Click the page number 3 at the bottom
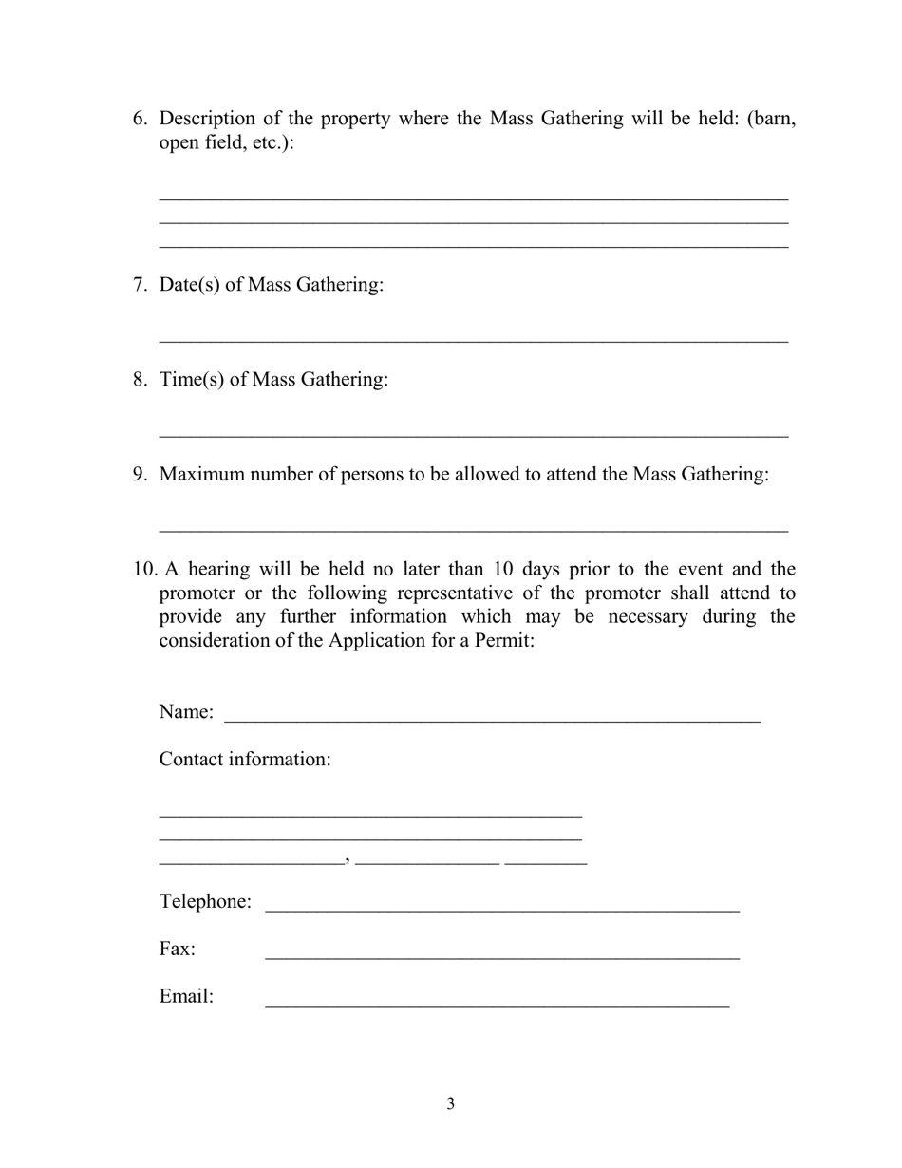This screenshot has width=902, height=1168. [450, 1103]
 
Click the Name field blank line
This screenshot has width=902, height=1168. [492, 719]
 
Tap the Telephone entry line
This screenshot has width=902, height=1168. [501, 909]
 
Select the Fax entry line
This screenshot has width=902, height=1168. [501, 956]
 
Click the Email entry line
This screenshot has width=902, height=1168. [497, 1004]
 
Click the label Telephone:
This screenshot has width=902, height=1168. [205, 901]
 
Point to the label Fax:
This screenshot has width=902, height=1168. [178, 949]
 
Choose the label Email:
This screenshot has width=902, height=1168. [186, 996]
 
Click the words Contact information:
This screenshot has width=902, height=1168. [245, 760]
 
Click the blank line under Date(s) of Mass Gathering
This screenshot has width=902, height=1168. [473, 339]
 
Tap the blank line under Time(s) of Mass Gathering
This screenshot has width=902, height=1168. [473, 434]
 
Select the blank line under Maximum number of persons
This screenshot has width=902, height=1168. [473, 529]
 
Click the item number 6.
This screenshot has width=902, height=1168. [140, 119]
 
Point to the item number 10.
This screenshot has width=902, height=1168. [144, 570]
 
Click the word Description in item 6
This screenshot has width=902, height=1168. [207, 119]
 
